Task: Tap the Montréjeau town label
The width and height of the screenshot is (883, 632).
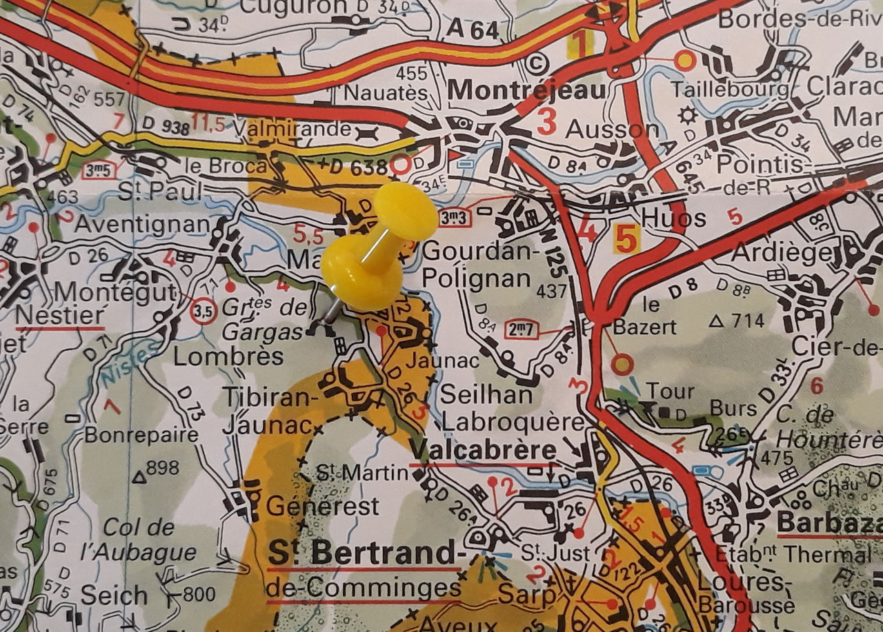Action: (528, 90)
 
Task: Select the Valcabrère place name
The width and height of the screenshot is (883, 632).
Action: (482, 451)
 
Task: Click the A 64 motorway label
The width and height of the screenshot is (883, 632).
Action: (472, 30)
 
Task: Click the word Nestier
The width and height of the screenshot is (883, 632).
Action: (59, 315)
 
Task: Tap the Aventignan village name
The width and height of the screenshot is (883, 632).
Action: (141, 224)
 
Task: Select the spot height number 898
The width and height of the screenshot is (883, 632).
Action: (163, 468)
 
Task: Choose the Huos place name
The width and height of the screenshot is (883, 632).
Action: (664, 218)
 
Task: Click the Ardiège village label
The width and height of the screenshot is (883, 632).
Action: (782, 253)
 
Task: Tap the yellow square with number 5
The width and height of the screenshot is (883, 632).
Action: (624, 239)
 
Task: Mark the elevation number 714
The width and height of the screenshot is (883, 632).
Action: (748, 320)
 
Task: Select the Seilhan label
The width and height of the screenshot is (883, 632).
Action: (486, 395)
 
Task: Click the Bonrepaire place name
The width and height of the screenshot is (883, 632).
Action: (141, 436)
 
